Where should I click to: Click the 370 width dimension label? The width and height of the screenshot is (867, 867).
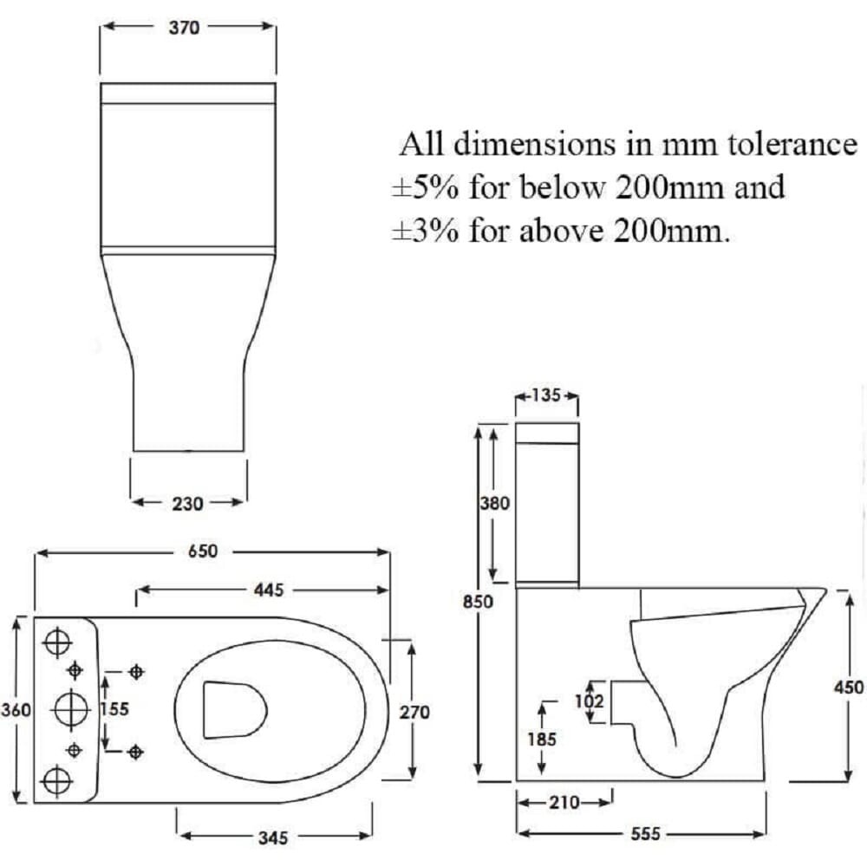(184, 27)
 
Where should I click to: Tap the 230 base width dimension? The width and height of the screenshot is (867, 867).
(187, 504)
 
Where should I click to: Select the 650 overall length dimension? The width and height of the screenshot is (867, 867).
(203, 551)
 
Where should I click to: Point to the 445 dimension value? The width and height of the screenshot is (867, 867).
(269, 590)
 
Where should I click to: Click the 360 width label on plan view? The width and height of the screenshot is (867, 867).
(16, 709)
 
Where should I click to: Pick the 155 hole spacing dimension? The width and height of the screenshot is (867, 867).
(114, 709)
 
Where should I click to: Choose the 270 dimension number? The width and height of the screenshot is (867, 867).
(414, 712)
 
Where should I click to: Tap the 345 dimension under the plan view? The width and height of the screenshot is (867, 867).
(273, 838)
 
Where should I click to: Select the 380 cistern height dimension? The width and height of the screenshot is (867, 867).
(494, 503)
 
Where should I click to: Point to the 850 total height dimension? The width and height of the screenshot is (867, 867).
(478, 601)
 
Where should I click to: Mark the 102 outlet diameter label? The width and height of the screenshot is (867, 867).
(589, 701)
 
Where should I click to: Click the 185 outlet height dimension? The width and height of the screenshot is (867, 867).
(542, 740)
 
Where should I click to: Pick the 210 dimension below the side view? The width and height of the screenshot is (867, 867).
(564, 802)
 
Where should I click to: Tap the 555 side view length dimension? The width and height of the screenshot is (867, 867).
(646, 833)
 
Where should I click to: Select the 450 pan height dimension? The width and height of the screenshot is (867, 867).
(849, 688)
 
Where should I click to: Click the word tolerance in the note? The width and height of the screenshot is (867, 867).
(792, 144)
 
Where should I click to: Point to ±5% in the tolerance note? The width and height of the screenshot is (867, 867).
(425, 187)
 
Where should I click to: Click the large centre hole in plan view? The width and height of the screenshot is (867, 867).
(72, 709)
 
